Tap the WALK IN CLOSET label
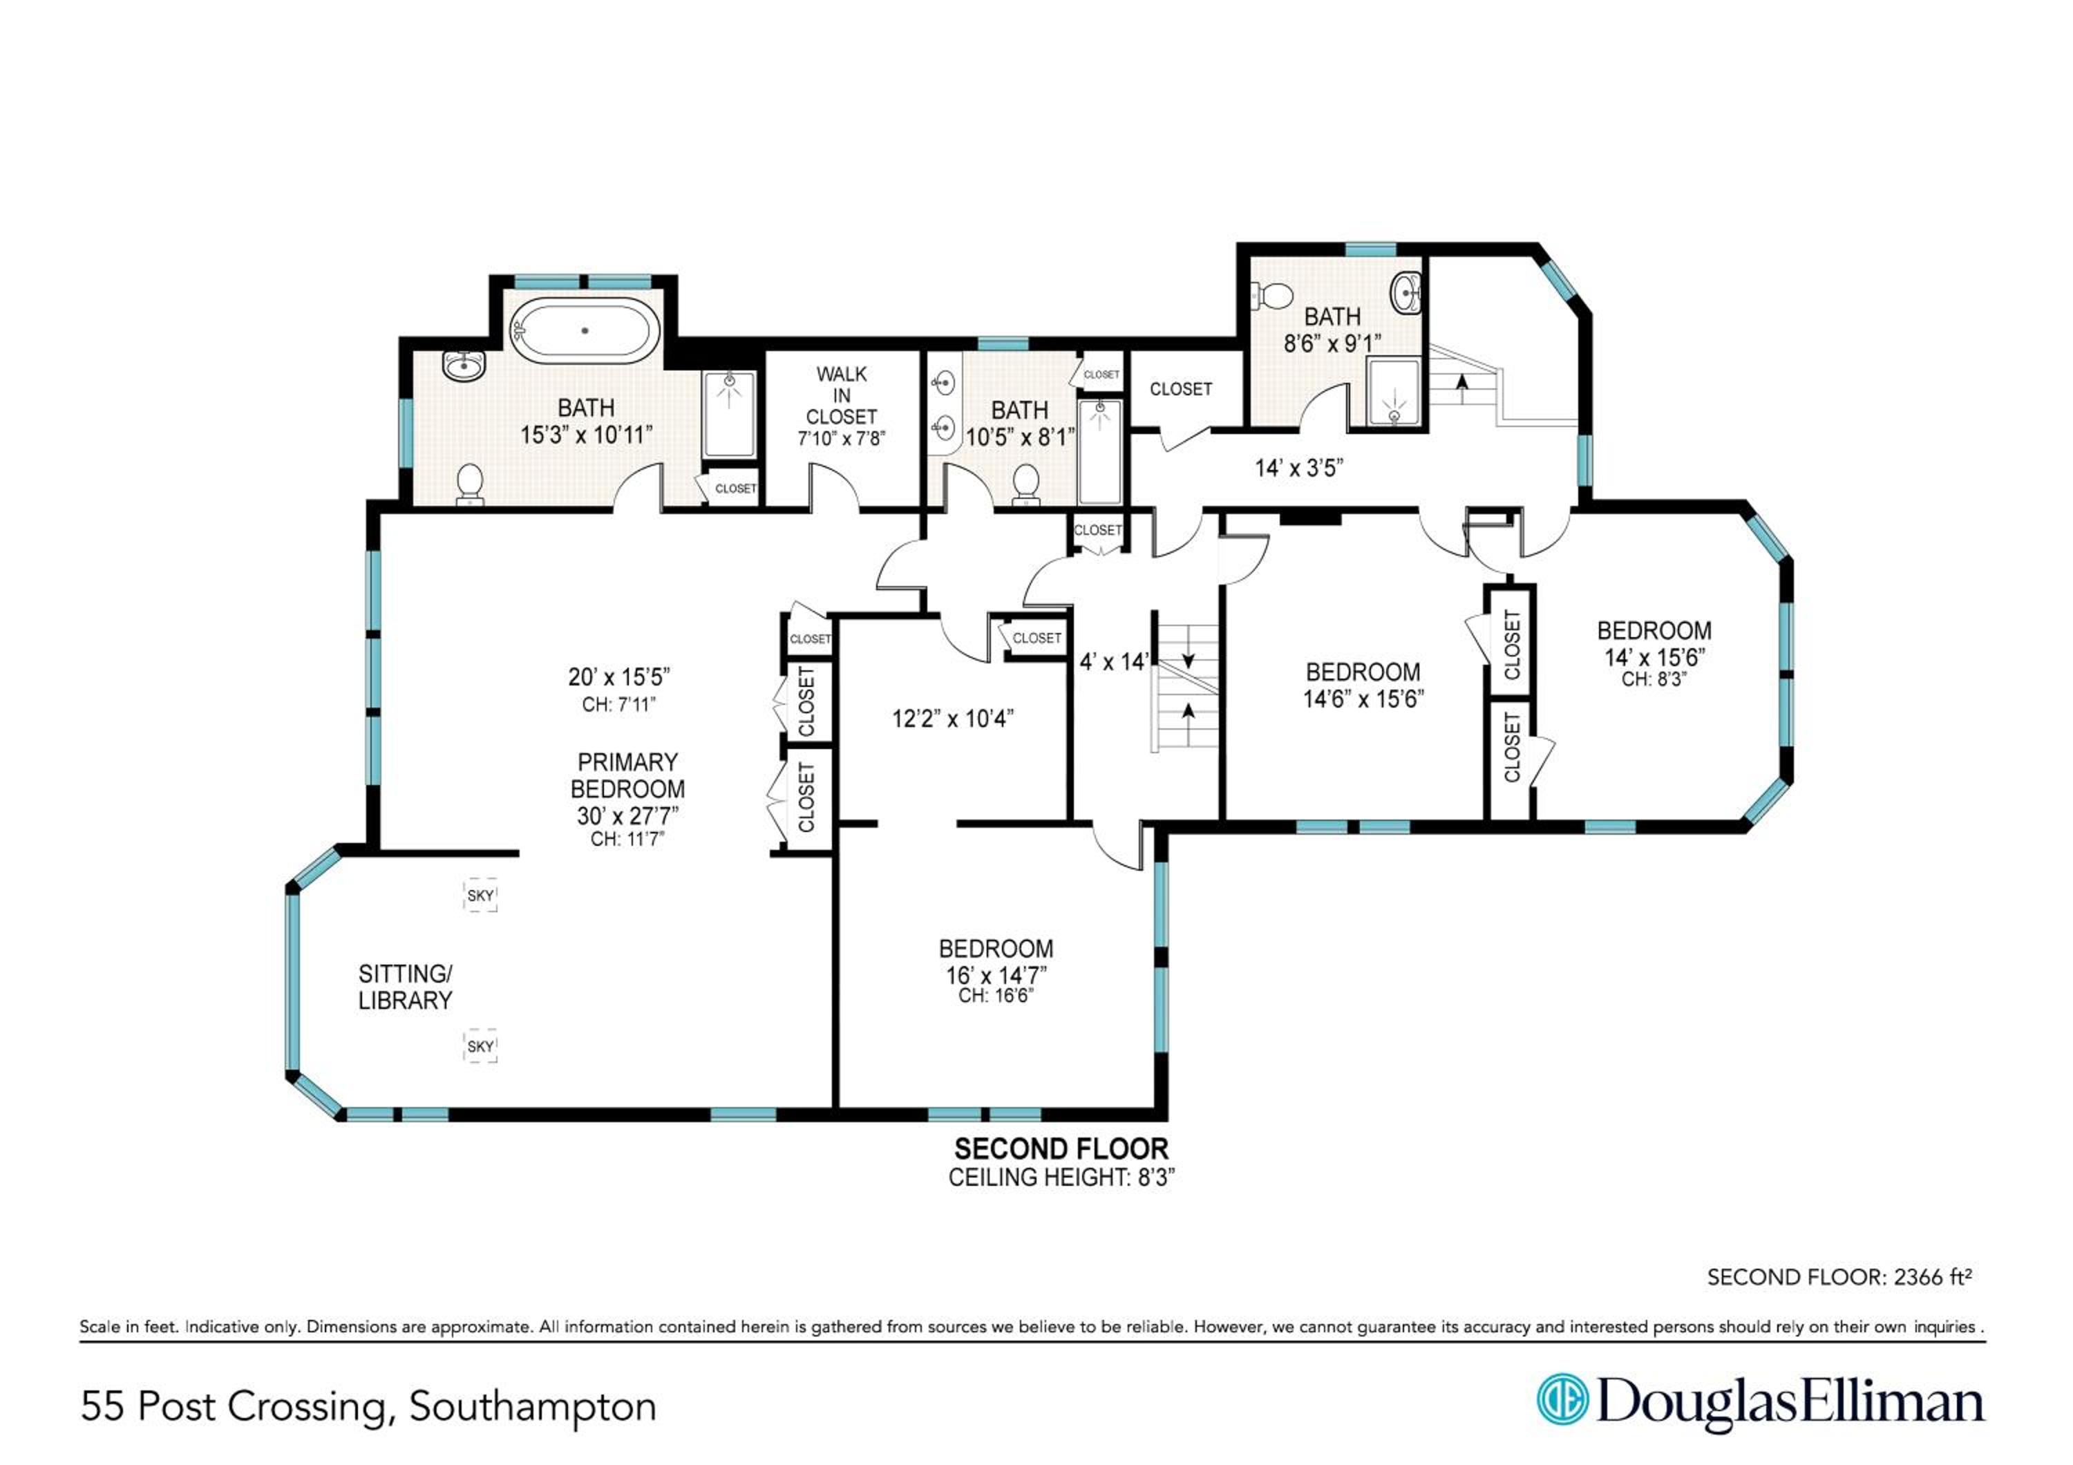coord(842,395)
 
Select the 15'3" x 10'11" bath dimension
coord(586,435)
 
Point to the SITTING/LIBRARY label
coord(406,987)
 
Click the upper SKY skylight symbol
coord(480,896)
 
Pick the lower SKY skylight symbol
coord(480,1046)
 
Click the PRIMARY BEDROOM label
coord(627,775)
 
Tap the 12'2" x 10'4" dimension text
coord(952,719)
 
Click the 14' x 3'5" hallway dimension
coord(1299,468)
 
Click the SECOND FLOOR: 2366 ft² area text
coord(1839,1277)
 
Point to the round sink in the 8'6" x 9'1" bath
coord(1405,294)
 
